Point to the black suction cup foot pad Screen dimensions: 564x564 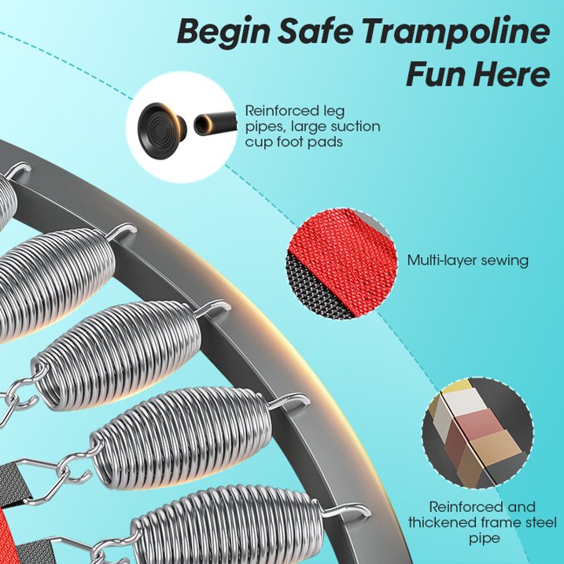(162, 127)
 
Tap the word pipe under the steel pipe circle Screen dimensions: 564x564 (484, 539)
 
